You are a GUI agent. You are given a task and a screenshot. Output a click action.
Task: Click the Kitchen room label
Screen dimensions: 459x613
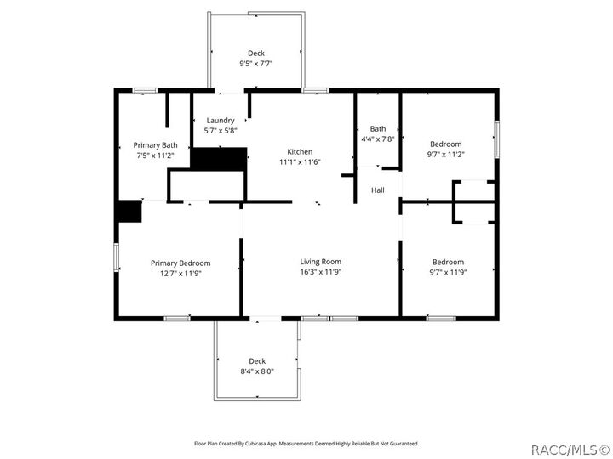(x=300, y=151)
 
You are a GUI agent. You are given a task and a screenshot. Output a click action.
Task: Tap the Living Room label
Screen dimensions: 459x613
(x=320, y=262)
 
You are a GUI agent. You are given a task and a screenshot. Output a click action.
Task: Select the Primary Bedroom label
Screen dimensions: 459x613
(x=180, y=263)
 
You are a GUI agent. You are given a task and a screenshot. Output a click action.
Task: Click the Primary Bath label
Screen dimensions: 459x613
(x=157, y=145)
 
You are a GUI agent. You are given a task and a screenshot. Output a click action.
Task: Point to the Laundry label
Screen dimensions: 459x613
(x=220, y=121)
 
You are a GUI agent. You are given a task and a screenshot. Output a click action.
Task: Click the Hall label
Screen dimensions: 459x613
(x=378, y=190)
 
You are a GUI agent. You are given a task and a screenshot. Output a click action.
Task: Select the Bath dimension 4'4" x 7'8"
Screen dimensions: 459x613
(x=377, y=139)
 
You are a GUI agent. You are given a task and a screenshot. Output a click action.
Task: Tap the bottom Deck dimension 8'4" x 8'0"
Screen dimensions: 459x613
(x=257, y=371)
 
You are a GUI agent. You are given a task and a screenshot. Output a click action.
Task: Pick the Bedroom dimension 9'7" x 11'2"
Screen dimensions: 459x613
(x=446, y=155)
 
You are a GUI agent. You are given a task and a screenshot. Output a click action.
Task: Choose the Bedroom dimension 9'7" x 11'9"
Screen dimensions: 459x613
(x=448, y=272)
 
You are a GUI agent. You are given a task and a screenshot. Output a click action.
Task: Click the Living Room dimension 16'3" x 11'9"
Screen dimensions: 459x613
(x=320, y=272)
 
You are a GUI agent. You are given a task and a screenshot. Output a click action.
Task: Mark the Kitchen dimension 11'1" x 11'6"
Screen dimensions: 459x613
(x=300, y=161)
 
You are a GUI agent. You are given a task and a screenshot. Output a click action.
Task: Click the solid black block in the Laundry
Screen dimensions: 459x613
(x=219, y=158)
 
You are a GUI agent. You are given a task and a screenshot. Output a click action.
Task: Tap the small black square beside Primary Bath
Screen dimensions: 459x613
(x=129, y=212)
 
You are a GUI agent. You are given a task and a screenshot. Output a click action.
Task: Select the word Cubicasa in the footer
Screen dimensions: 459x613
(x=266, y=443)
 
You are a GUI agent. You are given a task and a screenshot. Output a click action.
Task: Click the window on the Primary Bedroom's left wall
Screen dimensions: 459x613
(x=117, y=258)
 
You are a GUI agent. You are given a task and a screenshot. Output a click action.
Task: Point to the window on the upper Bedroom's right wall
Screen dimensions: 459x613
(x=496, y=138)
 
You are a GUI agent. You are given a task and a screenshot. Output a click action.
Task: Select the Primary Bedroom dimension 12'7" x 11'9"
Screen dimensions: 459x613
(x=180, y=274)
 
